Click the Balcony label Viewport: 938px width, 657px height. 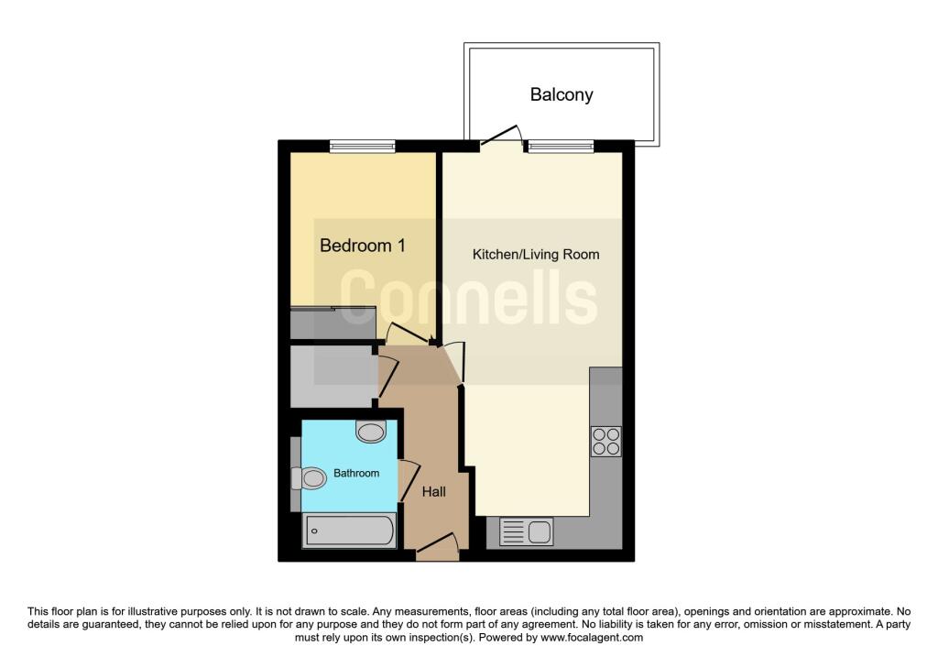point(562,94)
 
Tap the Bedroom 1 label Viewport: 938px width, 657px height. point(363,246)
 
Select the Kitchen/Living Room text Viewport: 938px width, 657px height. point(536,255)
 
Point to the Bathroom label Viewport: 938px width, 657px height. point(356,474)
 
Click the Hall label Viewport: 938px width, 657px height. point(433,492)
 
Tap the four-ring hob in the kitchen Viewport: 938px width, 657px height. point(606,442)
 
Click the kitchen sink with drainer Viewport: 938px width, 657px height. point(526,532)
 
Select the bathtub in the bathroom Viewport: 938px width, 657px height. point(349,531)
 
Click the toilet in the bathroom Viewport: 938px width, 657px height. point(309,478)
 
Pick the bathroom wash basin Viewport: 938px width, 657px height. point(371,432)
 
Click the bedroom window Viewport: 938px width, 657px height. point(363,146)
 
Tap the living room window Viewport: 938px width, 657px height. point(560,146)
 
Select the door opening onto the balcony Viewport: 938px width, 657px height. point(501,136)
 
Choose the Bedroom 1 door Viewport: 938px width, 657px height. point(409,334)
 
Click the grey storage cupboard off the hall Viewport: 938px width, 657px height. point(332,377)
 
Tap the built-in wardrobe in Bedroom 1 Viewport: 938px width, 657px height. point(333,323)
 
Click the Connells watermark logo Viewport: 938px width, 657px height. point(468,297)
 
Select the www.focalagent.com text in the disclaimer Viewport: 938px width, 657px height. point(592,638)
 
